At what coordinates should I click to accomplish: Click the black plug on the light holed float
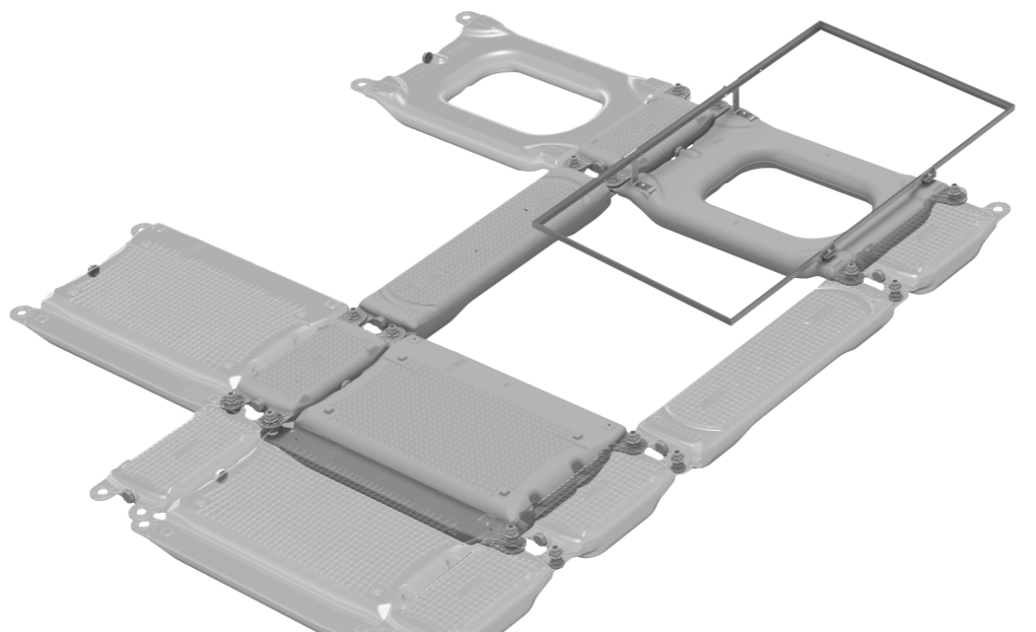[426, 57]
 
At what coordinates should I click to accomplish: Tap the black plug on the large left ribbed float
[92, 271]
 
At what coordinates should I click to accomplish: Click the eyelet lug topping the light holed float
[466, 16]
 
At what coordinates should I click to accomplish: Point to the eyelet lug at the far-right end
[1000, 208]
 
